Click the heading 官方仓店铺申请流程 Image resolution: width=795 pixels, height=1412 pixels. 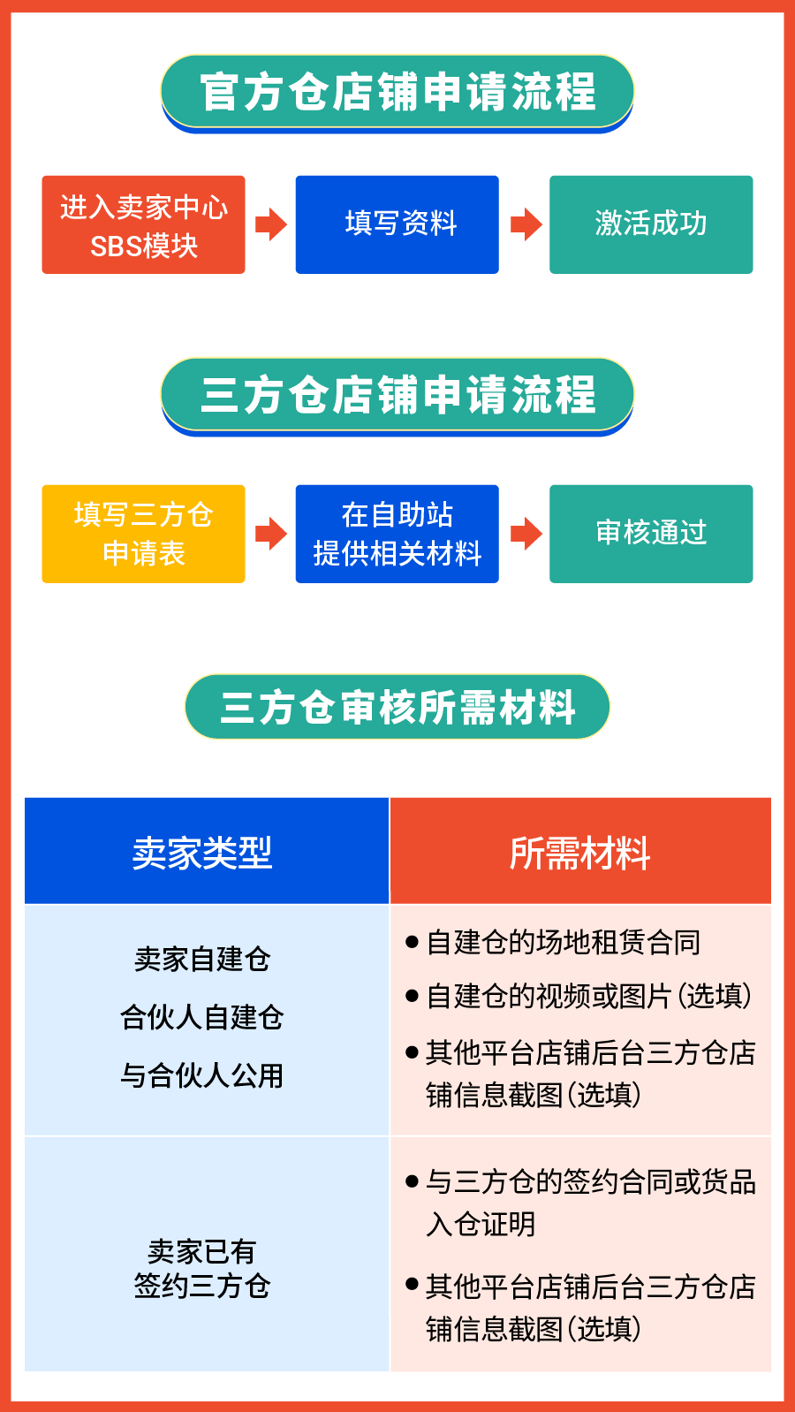coord(397,92)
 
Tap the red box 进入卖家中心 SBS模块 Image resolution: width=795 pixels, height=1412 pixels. coord(143,225)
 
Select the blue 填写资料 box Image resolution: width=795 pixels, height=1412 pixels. coord(397,224)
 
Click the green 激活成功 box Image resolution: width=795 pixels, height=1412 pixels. coord(651,224)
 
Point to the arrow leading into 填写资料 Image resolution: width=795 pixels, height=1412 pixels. coord(270,224)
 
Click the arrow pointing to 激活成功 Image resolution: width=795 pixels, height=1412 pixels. coord(526,224)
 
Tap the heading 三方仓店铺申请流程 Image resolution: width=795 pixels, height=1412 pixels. coord(397,395)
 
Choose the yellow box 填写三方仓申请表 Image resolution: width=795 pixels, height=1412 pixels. coord(143,534)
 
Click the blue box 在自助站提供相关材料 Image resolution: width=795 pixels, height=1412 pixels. coord(397,534)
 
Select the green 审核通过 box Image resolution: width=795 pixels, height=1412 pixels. coord(651,534)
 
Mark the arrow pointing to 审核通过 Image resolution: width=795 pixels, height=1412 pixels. coord(526,534)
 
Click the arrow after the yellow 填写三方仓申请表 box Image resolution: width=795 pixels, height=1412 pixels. coord(270,534)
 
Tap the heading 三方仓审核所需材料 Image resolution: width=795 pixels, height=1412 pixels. coord(397,707)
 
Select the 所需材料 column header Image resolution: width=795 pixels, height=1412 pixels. coord(580,852)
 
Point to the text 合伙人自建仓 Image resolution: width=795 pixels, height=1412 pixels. coord(202,1017)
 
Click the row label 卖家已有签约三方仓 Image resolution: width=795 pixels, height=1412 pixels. coord(202,1269)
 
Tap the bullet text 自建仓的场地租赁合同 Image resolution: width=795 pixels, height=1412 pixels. coord(563,943)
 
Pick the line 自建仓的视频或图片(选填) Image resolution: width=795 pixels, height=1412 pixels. coord(587,996)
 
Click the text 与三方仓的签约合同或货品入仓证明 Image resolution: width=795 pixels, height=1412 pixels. coord(589,1202)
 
